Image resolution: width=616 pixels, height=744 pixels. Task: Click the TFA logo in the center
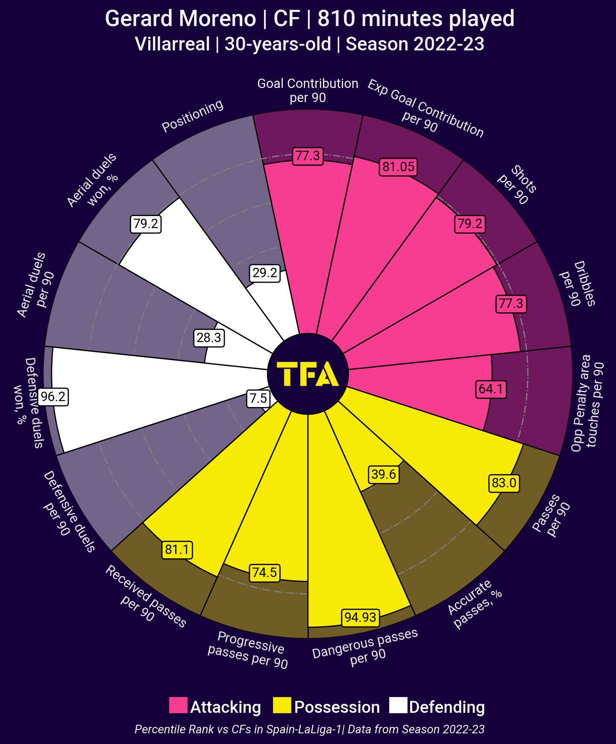point(308,374)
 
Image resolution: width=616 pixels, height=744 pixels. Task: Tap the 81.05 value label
point(398,167)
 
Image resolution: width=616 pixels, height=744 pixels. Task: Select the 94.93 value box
point(361,617)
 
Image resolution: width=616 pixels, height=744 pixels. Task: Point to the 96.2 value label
point(53,397)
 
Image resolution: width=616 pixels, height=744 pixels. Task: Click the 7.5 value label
point(258,398)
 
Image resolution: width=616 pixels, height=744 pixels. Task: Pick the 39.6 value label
point(384,475)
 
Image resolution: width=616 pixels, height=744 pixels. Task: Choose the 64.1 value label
point(491,389)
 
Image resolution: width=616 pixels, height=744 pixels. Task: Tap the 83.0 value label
point(504,483)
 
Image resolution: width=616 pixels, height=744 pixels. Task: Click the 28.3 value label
point(209,338)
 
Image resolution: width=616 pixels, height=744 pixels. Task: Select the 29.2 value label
point(265,273)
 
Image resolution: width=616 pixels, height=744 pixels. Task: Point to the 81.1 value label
point(177,550)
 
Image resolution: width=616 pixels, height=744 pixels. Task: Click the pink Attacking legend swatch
point(178,705)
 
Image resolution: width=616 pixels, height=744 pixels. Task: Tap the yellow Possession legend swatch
point(282,705)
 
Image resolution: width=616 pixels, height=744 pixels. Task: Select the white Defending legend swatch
point(398,705)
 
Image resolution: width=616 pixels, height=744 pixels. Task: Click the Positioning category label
point(193,116)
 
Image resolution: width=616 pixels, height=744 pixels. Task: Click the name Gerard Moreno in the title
point(180,19)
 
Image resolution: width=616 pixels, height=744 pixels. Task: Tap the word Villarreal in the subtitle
point(172,44)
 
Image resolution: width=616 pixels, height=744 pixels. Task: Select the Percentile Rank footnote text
point(310,729)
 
